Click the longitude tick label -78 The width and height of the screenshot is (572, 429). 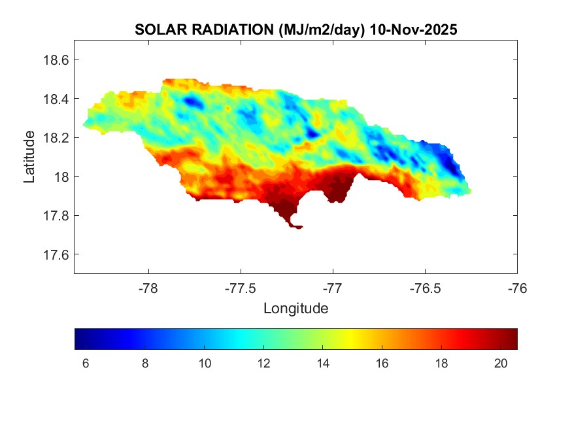pos(149,288)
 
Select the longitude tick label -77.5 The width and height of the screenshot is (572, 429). pos(241,288)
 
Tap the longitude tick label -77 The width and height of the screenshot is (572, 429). pos(333,288)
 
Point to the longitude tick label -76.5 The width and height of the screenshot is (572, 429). pos(426,288)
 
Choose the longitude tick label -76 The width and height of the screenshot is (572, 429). pos(517,288)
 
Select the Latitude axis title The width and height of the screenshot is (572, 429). pos(29,157)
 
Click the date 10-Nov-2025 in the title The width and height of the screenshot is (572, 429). pos(413,30)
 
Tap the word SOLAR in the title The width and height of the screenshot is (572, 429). pos(156,30)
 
